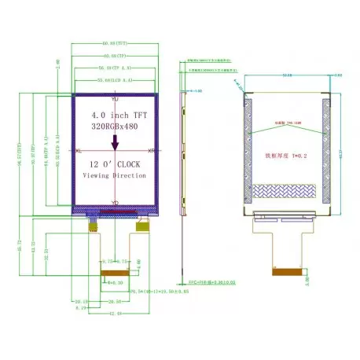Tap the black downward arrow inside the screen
pyautogui.click(x=116, y=142)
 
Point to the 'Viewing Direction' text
pyautogui.click(x=115, y=176)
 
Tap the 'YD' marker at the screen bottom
pyautogui.click(x=115, y=203)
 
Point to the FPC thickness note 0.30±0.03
pyautogui.click(x=206, y=279)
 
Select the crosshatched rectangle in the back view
pyautogui.click(x=286, y=192)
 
